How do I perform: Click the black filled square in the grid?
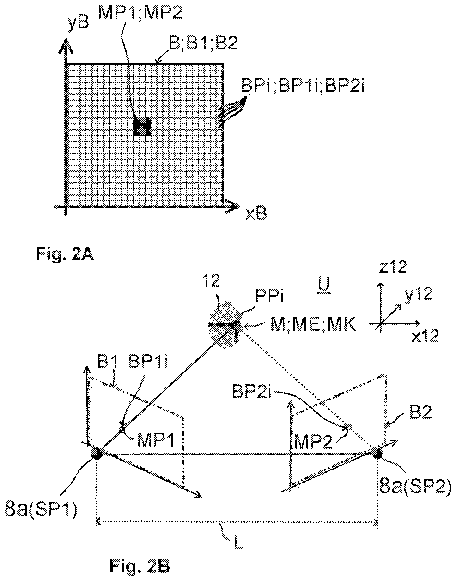tap(142, 127)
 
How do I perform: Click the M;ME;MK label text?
tap(313, 325)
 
